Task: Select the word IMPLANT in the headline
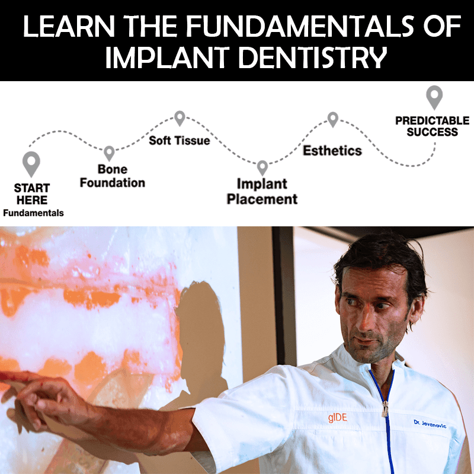point(155,58)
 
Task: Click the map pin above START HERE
point(31,163)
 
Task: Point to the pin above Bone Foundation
point(109,153)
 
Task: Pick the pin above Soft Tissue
point(180,118)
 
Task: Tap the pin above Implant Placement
point(262,168)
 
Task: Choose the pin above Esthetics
point(333,119)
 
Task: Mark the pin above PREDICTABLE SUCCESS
point(434,97)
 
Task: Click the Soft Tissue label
point(180,140)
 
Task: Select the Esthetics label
point(332,150)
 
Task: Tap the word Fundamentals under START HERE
point(33,213)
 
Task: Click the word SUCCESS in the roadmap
point(433,132)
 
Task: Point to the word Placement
point(262,199)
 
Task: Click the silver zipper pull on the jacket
point(385,409)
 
